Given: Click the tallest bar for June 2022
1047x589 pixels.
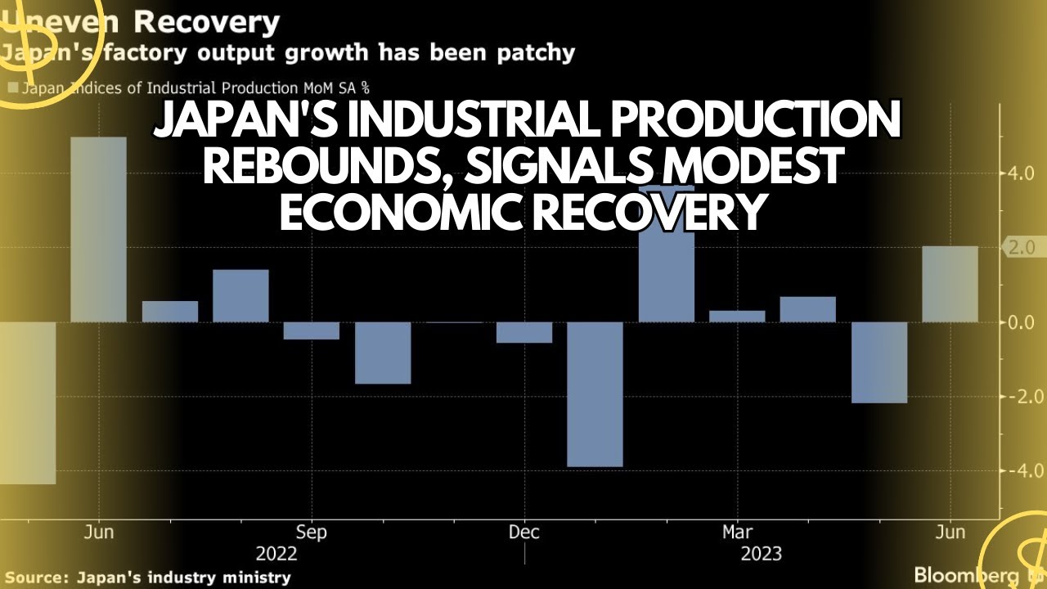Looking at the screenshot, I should (x=98, y=229).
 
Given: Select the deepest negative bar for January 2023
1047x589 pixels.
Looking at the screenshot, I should (x=595, y=393).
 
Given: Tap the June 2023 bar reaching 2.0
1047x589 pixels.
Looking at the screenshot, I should (x=950, y=284).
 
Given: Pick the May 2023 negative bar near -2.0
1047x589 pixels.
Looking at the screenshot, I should (x=879, y=362).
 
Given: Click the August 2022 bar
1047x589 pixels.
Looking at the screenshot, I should (x=240, y=295).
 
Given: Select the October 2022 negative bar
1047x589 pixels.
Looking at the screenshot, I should (x=382, y=352).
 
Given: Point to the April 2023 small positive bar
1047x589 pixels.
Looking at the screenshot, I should (x=807, y=309).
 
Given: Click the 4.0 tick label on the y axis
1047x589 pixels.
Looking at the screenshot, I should (x=1022, y=173).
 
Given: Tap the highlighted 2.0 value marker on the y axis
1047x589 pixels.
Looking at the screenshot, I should (x=1024, y=247).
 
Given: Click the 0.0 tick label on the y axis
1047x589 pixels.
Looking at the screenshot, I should (x=1022, y=322).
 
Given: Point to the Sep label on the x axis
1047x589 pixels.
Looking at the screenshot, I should (x=311, y=533).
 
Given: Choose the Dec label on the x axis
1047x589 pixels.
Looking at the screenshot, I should (x=523, y=533).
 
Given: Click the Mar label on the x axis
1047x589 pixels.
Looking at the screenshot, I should (x=737, y=533).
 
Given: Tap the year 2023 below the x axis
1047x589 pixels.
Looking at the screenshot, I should (x=761, y=555).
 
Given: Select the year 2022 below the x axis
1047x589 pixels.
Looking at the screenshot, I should (x=276, y=555).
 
